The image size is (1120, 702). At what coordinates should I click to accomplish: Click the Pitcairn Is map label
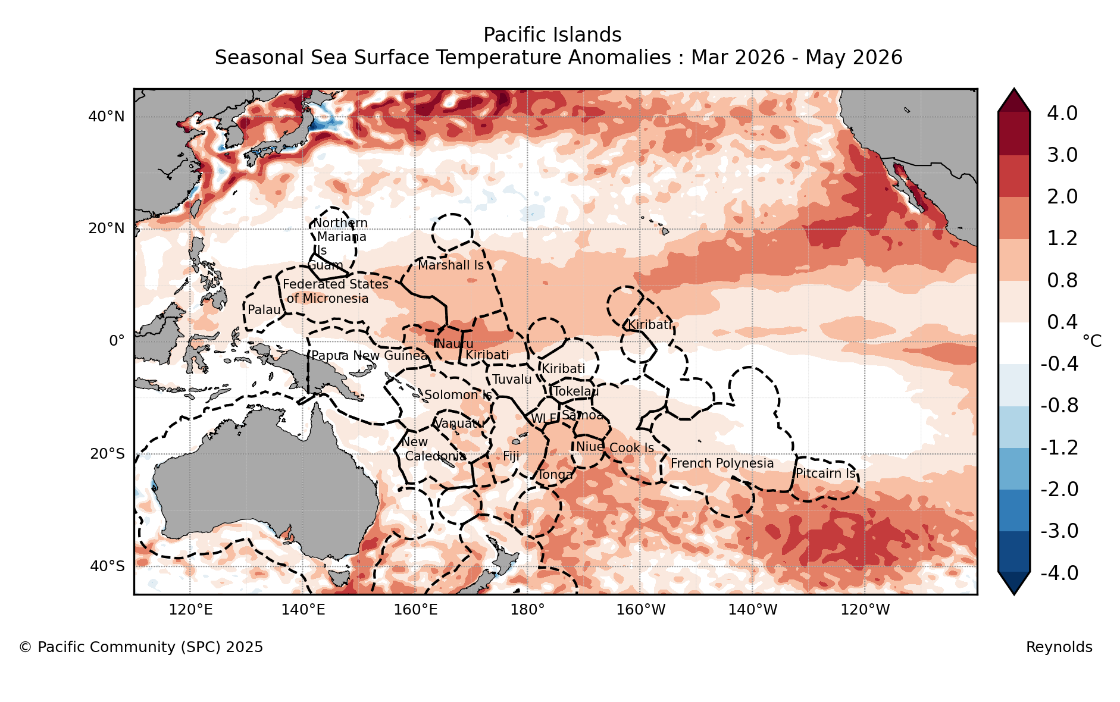coord(825,474)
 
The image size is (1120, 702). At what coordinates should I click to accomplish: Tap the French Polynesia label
coord(722,463)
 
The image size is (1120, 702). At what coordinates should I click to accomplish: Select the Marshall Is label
coord(450,265)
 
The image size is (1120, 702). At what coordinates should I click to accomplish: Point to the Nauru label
coord(455,344)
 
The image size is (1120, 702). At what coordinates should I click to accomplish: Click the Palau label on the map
coord(264,310)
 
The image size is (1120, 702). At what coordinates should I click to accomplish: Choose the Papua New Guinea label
coord(370,356)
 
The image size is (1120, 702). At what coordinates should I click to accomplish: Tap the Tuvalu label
coord(512,380)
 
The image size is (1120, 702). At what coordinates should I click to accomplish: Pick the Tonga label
coord(555,475)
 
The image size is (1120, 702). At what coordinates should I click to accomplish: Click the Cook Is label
coord(631,448)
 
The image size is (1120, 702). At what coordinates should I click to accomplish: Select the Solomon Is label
coord(458,395)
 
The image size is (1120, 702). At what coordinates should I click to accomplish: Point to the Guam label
coord(326,265)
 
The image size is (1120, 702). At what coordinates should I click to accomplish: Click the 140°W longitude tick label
coord(752,610)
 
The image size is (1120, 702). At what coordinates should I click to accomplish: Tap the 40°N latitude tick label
coord(107,117)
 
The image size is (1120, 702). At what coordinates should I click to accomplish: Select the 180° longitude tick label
coord(527,610)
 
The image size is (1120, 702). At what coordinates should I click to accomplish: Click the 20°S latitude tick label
coord(107,455)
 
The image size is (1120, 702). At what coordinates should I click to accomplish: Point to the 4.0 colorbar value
coord(1062,113)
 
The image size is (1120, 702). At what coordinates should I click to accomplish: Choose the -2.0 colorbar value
coord(1059,490)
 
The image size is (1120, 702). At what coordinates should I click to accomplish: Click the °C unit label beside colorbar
coord(1092,341)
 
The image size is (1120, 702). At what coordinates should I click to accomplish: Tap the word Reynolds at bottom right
coord(1059,647)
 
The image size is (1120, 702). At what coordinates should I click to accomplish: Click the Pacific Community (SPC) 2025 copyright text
coord(141,647)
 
